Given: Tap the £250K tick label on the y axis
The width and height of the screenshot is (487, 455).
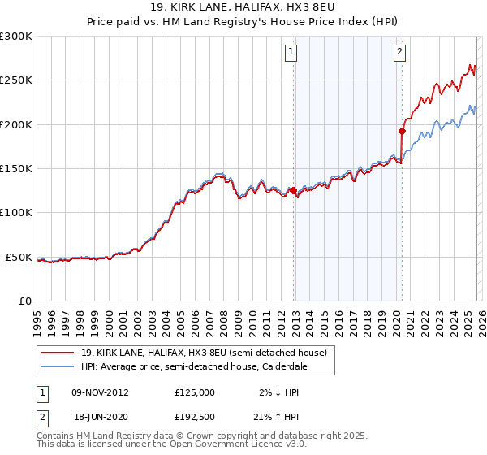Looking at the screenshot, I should point(16,80).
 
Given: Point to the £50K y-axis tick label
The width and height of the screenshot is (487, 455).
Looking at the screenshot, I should point(19,257).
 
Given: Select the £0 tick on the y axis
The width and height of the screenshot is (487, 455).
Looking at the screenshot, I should point(25,301).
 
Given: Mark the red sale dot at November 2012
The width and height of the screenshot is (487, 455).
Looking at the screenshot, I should point(293,191).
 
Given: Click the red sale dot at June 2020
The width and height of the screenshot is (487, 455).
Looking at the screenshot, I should point(402,131).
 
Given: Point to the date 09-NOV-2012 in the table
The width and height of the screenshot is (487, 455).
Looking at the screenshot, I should point(101,392).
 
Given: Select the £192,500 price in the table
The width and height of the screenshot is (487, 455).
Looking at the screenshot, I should point(194,414).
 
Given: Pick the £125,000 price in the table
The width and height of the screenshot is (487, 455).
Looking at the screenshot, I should point(194,392).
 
